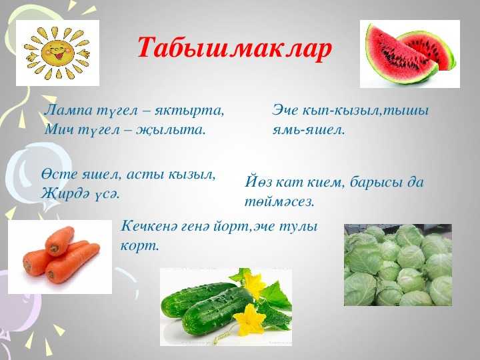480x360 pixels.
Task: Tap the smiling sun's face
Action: [57, 52]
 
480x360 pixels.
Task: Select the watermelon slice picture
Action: [409, 54]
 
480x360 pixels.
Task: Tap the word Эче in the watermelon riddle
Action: [285, 110]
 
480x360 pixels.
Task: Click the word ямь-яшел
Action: [309, 130]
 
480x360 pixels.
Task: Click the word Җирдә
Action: [65, 193]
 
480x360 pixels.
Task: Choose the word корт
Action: [140, 247]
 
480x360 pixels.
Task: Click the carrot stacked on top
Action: [60, 241]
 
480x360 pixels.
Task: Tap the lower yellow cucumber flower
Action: [250, 319]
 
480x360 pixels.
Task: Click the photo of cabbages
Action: [398, 265]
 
